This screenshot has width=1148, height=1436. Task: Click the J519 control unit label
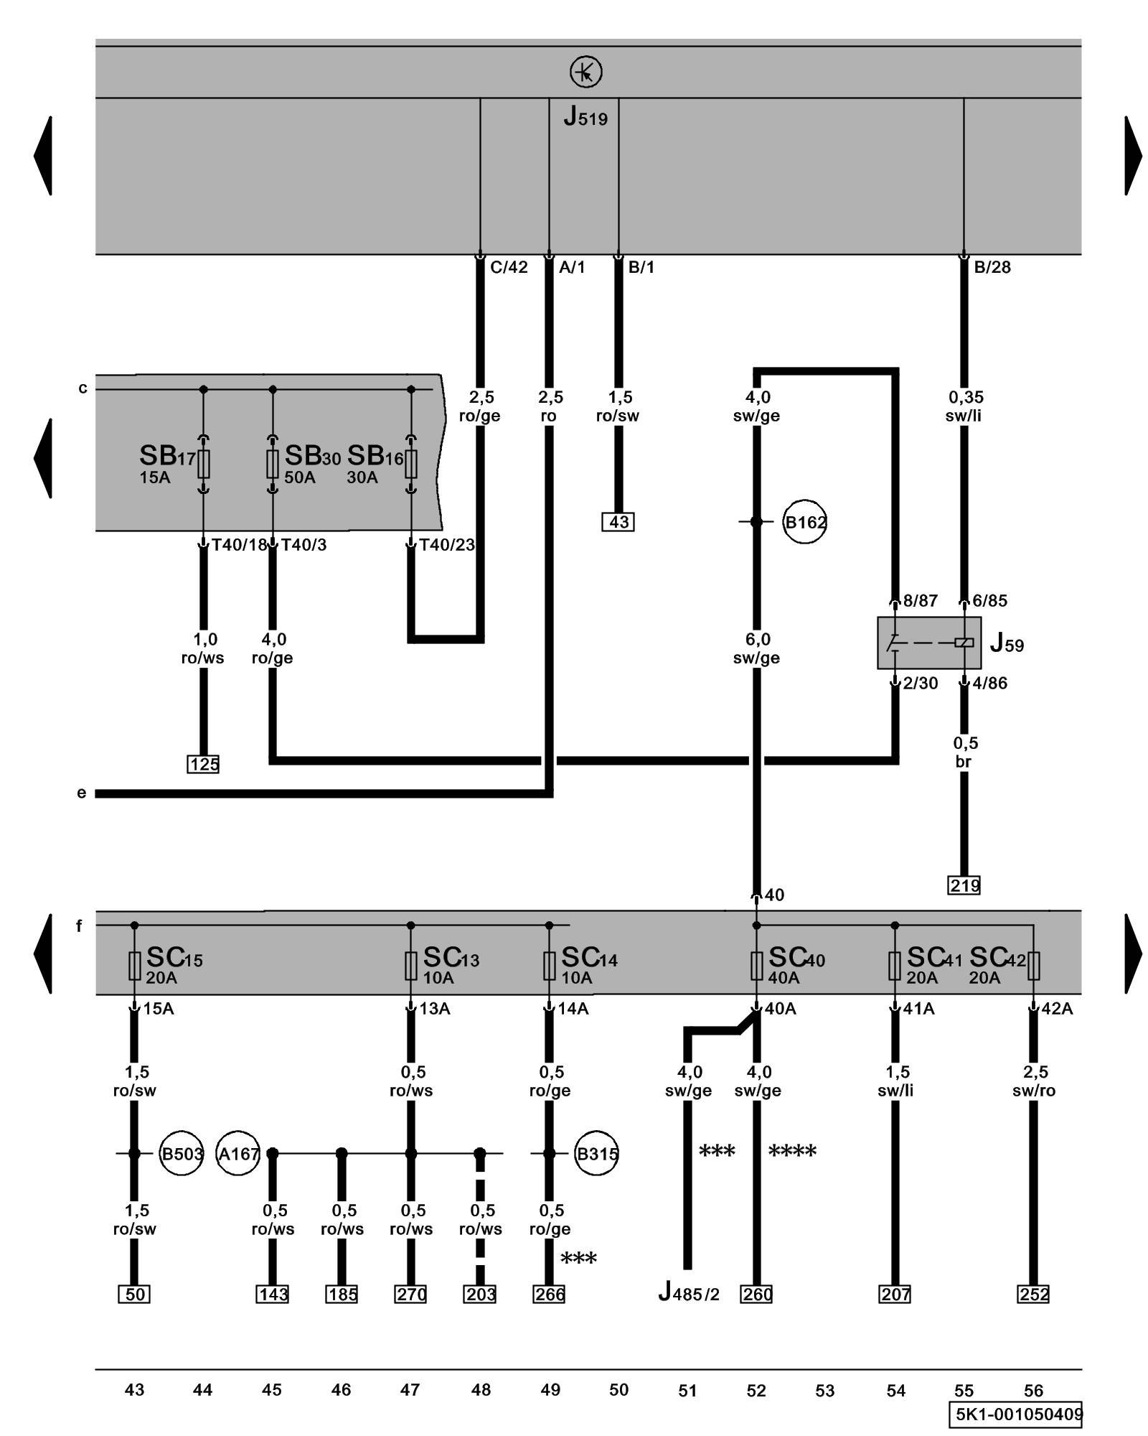[x=585, y=116]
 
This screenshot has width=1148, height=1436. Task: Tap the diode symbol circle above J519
[x=585, y=73]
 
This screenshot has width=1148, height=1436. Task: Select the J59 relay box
[x=928, y=643]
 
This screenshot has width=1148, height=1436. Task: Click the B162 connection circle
[x=805, y=522]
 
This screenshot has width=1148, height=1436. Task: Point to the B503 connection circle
[x=181, y=1154]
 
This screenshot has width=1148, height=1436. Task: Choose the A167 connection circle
[x=237, y=1154]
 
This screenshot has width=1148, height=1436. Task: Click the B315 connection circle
[x=597, y=1154]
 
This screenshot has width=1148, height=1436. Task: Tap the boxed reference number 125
[x=203, y=764]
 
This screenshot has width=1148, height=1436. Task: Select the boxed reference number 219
[x=964, y=885]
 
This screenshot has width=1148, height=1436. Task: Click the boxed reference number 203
[x=480, y=1294]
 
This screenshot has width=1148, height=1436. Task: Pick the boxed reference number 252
[x=1033, y=1294]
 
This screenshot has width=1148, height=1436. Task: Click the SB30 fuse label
[x=312, y=456]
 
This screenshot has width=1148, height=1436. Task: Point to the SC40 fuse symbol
[x=756, y=966]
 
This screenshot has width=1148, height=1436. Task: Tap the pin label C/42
[x=509, y=268]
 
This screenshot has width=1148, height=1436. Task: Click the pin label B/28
[x=992, y=268]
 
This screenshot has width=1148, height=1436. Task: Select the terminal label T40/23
[x=447, y=545]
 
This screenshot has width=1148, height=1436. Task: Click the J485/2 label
[x=688, y=1293]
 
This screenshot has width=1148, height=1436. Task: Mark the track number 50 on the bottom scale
[x=618, y=1390]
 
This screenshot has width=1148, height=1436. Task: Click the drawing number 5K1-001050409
[x=1018, y=1414]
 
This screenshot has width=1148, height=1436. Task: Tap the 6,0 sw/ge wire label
[x=756, y=648]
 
